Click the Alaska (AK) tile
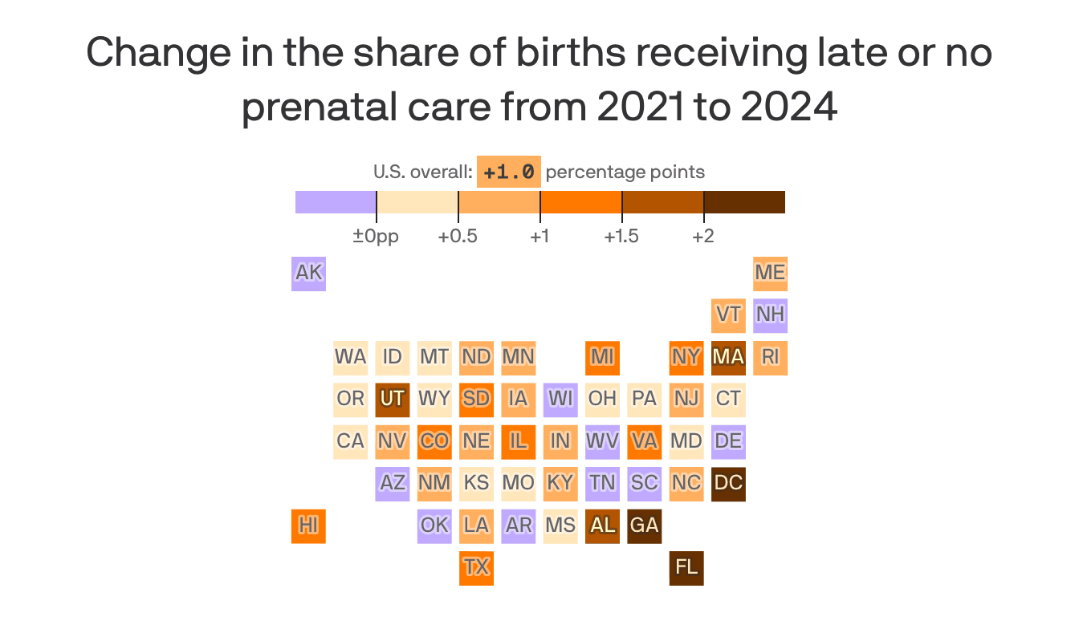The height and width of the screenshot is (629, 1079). [308, 274]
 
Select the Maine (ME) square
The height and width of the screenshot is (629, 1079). [770, 274]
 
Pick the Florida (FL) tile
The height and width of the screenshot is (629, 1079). [686, 568]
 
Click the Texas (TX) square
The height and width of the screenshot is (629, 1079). [476, 568]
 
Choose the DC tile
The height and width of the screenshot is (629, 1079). [728, 484]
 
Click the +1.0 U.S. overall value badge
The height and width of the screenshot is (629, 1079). [508, 172]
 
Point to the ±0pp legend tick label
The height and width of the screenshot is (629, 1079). [376, 237]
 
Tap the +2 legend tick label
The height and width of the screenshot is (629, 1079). [703, 237]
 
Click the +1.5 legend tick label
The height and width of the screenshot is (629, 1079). [621, 237]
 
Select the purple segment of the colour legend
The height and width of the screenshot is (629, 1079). [336, 202]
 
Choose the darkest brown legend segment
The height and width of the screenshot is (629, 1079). [744, 202]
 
